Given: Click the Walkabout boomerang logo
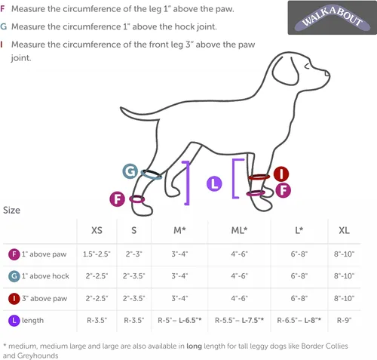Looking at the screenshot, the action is [332, 17].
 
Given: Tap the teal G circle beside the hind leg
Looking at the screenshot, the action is [130, 171].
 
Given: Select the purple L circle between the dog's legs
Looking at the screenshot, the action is [214, 183].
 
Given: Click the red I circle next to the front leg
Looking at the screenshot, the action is [281, 174].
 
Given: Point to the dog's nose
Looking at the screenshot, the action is [327, 74].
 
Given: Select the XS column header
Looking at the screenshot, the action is [97, 230].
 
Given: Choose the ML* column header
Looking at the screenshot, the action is [239, 230].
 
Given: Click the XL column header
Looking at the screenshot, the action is [344, 230].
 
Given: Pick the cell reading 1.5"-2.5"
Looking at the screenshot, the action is [97, 254].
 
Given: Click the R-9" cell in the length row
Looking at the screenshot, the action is [344, 320].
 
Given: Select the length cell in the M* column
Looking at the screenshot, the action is [179, 320].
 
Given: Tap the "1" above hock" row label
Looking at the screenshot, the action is [45, 276].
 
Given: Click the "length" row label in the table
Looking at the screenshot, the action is [32, 321].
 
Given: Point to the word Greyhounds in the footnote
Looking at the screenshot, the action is [38, 355].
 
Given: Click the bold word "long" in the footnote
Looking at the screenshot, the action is [194, 346].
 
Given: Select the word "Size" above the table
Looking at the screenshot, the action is [11, 210].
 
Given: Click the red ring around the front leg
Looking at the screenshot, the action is [259, 177].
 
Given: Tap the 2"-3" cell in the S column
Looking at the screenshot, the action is [133, 254].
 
